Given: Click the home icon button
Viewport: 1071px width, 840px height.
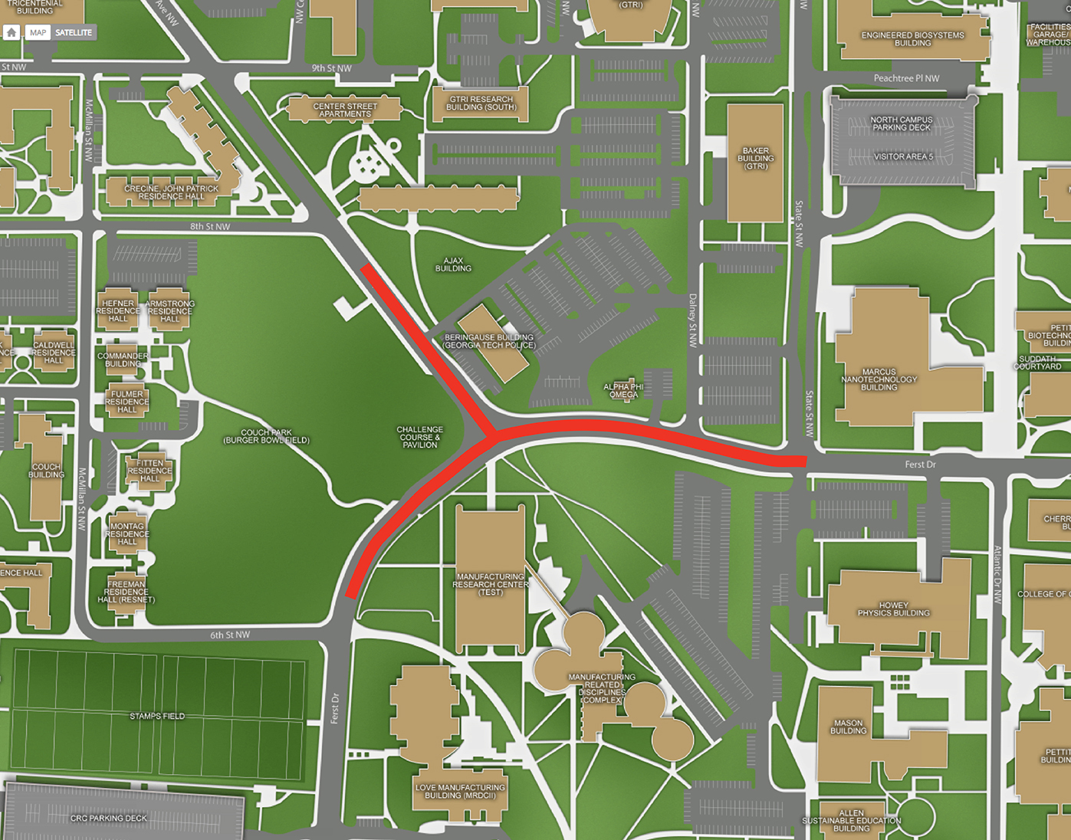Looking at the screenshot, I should [x=11, y=32].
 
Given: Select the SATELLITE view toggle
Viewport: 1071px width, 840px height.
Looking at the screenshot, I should [x=74, y=32].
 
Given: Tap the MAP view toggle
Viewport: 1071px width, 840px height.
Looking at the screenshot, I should [x=38, y=32].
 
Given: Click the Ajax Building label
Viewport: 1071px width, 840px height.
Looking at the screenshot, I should [x=453, y=264].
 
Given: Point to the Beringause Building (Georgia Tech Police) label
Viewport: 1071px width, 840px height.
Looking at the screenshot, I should [x=489, y=341].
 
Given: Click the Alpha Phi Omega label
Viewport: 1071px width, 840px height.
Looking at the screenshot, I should [x=623, y=391].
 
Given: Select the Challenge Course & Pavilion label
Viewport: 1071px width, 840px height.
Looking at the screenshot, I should [x=419, y=437].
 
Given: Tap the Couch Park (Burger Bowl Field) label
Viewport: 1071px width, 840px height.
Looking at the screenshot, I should [x=266, y=436].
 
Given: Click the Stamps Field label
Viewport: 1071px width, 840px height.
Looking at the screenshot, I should [x=157, y=716].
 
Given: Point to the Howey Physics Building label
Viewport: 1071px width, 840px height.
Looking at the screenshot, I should [x=893, y=609].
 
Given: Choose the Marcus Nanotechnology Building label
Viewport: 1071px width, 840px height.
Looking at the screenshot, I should [x=879, y=379].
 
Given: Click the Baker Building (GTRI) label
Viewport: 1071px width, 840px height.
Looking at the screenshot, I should [x=755, y=159].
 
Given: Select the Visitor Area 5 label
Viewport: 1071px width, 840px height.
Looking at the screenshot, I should [x=903, y=156].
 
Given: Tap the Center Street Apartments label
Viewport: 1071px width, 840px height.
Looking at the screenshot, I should [x=345, y=110].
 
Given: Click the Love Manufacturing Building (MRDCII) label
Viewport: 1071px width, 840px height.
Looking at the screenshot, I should [x=460, y=791].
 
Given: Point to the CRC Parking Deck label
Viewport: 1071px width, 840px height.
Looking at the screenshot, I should [x=108, y=818].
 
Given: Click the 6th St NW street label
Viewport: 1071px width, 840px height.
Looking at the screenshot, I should [x=230, y=635].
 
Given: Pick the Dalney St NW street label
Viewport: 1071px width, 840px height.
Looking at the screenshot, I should [x=692, y=320].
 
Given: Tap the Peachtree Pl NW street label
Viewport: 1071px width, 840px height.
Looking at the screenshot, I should [x=906, y=78].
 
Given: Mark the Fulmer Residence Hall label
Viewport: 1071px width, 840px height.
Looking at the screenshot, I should [x=126, y=402].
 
